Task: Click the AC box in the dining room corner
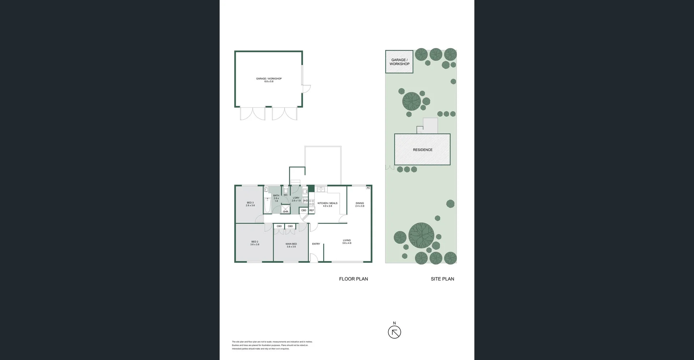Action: (x=368, y=188)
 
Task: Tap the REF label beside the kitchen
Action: (x=312, y=210)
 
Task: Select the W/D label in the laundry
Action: (x=305, y=201)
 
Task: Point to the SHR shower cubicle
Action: (x=286, y=210)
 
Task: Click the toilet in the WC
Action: (x=286, y=190)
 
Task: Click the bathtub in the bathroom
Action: (x=267, y=205)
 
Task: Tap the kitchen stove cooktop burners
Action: (x=312, y=202)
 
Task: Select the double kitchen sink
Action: (x=321, y=189)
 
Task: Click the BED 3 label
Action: (x=250, y=203)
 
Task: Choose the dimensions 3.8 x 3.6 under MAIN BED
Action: (x=291, y=247)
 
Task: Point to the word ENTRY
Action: (x=316, y=244)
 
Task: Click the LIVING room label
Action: (x=347, y=240)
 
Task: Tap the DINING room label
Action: (x=360, y=203)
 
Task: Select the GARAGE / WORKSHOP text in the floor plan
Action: (x=269, y=78)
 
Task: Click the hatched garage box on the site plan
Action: (x=399, y=62)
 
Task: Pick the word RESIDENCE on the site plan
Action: (x=423, y=150)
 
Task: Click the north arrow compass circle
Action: (x=394, y=332)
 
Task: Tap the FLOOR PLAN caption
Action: (x=353, y=279)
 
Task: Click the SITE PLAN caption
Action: (x=442, y=279)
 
